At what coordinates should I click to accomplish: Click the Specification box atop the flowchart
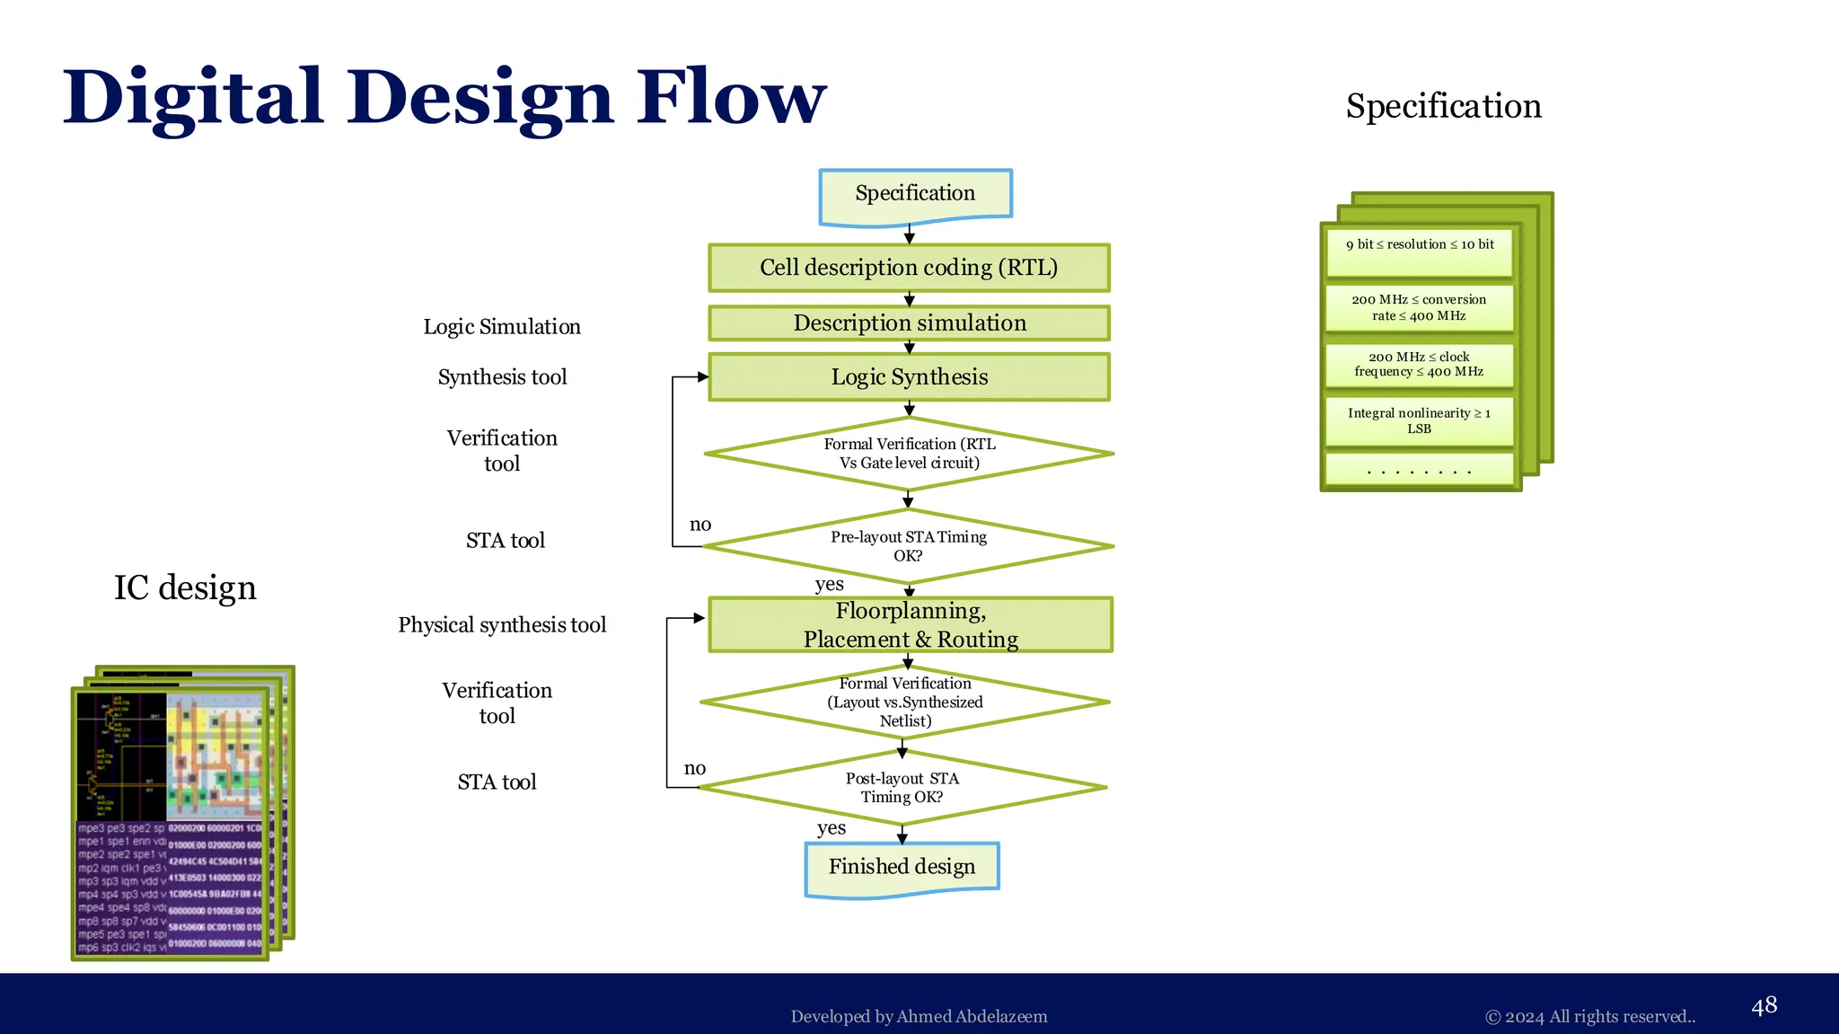pyautogui.click(x=915, y=194)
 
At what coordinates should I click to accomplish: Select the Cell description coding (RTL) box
pyautogui.click(x=909, y=268)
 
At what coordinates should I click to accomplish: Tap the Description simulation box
pyautogui.click(x=909, y=323)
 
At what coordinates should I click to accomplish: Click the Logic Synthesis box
pyautogui.click(x=909, y=377)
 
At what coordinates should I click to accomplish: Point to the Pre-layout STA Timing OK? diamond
pyautogui.click(x=909, y=546)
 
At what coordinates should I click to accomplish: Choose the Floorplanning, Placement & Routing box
pyautogui.click(x=911, y=624)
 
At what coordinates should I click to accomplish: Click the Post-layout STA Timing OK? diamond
pyautogui.click(x=902, y=788)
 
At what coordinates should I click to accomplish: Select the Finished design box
pyautogui.click(x=902, y=867)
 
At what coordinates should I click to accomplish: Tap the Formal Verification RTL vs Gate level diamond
pyautogui.click(x=909, y=454)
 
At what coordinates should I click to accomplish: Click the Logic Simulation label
pyautogui.click(x=502, y=327)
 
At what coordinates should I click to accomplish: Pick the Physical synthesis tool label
pyautogui.click(x=502, y=625)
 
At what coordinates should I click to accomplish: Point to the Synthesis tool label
pyautogui.click(x=502, y=377)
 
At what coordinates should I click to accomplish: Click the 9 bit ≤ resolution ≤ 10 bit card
pyautogui.click(x=1420, y=245)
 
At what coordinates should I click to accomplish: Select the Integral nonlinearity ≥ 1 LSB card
pyautogui.click(x=1419, y=420)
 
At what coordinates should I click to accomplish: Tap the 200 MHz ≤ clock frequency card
pyautogui.click(x=1419, y=364)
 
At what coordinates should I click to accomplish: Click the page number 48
pyautogui.click(x=1764, y=1005)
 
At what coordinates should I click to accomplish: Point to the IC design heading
pyautogui.click(x=185, y=588)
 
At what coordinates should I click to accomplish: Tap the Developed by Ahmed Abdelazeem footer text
pyautogui.click(x=919, y=1017)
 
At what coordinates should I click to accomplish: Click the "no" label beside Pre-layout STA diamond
pyautogui.click(x=700, y=525)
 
